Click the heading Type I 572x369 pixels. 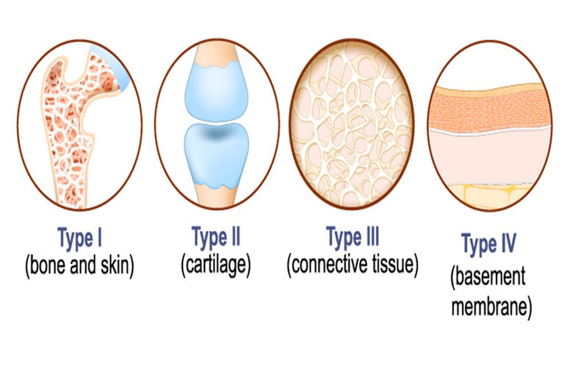coord(79,238)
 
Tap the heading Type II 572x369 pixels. coord(216,238)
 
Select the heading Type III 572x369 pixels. coord(352,238)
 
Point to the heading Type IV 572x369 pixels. coord(489,243)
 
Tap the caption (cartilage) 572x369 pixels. coord(216,265)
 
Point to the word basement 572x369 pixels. coord(489,277)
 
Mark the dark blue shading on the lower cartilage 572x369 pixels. coord(216,133)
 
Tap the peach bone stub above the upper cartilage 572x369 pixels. coord(216,55)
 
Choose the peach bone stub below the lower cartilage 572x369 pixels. coord(216,196)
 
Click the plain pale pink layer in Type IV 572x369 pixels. coord(489,158)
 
